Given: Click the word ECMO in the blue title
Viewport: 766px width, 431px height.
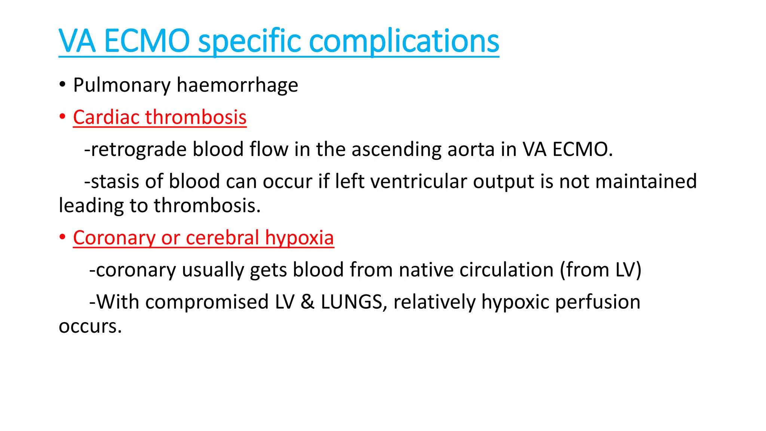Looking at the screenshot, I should [147, 41].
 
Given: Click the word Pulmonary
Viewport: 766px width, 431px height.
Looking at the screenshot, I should [122, 85].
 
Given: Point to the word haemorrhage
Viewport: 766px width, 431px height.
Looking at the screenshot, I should [238, 85].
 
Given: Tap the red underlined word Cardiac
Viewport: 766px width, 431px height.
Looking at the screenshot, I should [106, 117].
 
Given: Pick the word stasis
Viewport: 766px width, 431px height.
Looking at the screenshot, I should [115, 182].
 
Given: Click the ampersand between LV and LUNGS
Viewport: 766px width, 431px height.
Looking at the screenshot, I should [307, 302].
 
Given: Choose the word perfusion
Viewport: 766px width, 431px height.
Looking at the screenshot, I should [597, 302].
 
